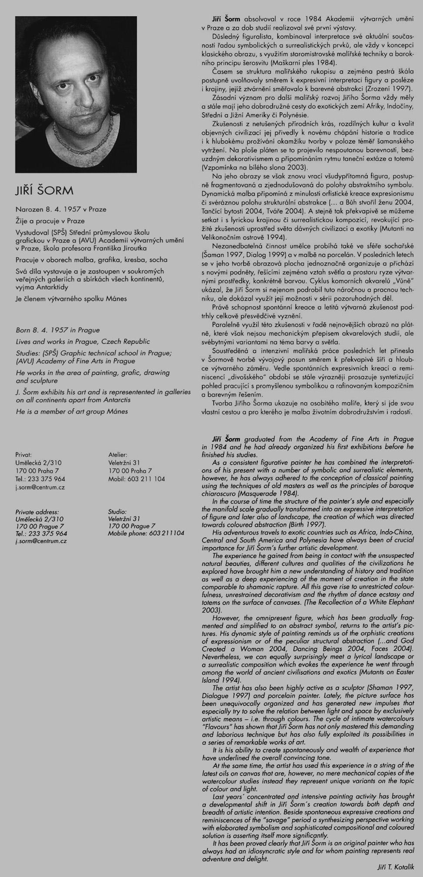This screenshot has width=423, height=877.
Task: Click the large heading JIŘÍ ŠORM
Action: coord(44,191)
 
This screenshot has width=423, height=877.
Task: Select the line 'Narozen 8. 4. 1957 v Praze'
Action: coord(60,209)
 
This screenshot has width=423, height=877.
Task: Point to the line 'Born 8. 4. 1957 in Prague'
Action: coord(58,331)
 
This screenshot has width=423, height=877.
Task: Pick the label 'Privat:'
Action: coord(23,455)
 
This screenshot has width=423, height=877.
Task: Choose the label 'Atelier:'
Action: coord(117,455)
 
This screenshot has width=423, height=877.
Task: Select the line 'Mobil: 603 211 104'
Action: coord(136,479)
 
